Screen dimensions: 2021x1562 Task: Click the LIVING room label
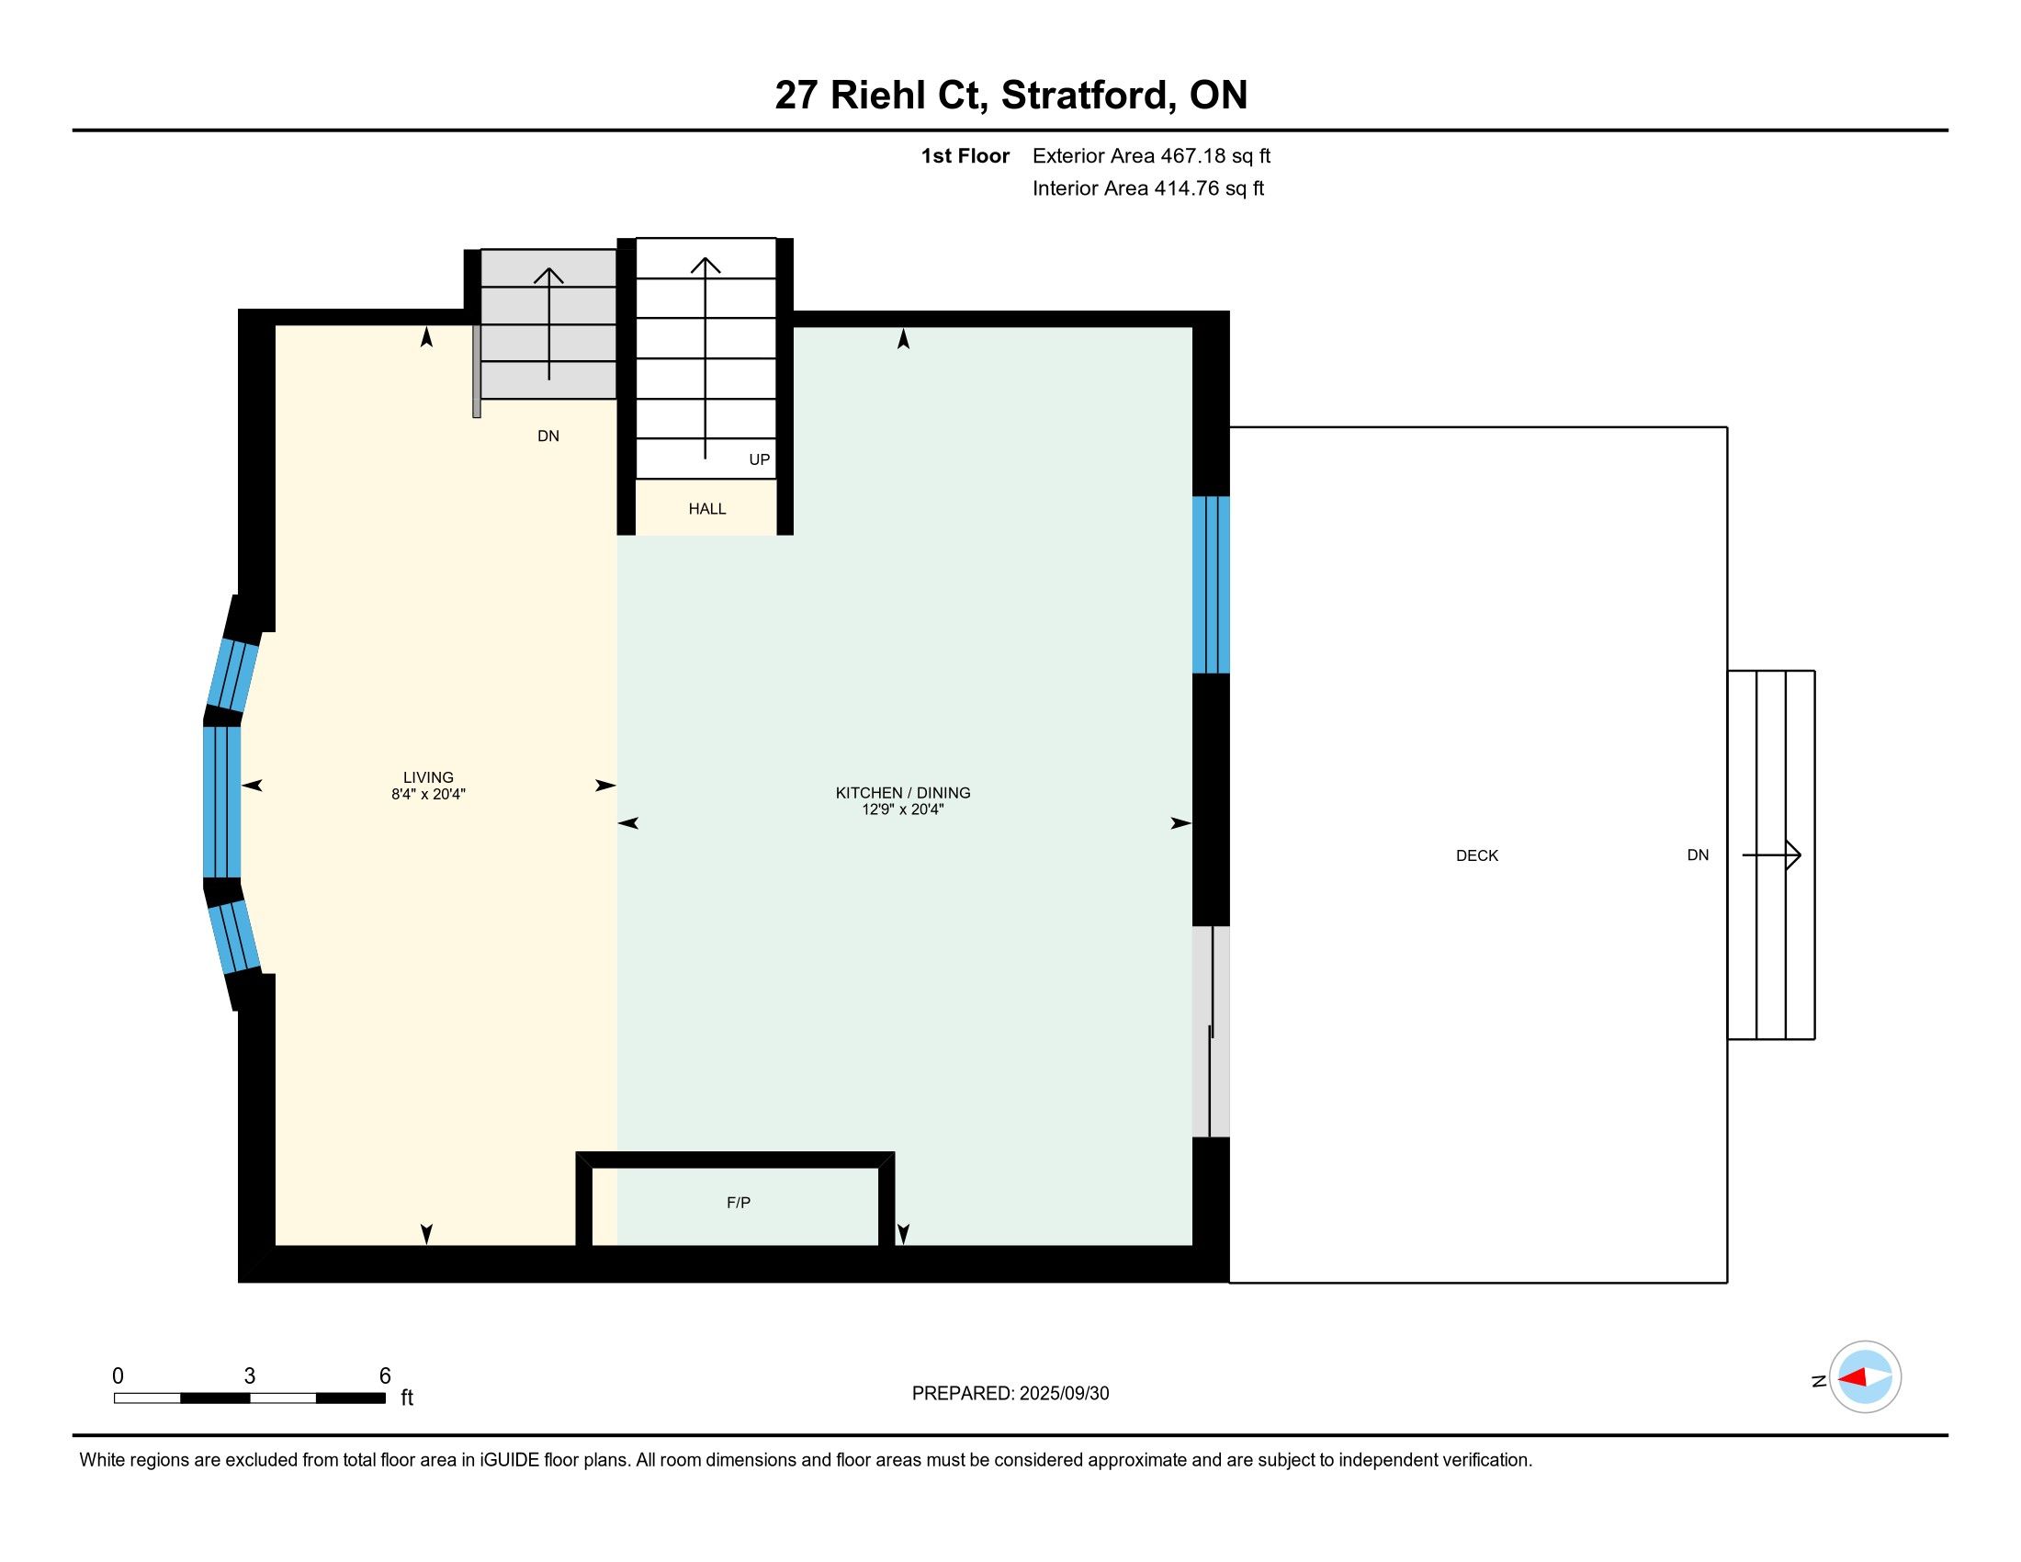coord(428,777)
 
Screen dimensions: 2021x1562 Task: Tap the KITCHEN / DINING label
coord(903,793)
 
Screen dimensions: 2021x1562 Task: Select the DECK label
coord(1477,856)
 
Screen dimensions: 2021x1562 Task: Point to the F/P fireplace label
coord(739,1203)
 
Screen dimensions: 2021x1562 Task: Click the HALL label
coord(707,509)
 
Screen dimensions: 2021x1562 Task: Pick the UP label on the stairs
coord(760,460)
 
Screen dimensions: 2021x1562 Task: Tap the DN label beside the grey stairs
coord(548,436)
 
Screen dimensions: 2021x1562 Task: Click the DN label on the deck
coord(1698,855)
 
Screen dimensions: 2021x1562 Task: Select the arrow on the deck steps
coord(1771,855)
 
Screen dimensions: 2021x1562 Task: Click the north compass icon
coord(1865,1377)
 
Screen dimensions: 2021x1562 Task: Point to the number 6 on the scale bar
coord(385,1376)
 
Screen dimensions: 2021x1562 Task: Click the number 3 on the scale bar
coord(250,1376)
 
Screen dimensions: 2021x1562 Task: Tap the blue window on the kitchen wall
coord(1211,584)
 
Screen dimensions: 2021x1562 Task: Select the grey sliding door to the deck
coord(1211,1032)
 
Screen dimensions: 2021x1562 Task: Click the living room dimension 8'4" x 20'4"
coord(428,794)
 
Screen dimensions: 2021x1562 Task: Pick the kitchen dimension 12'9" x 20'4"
coord(903,809)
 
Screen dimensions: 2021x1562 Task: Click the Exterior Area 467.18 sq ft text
coord(1151,156)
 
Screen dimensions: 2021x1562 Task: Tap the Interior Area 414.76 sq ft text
coord(1148,188)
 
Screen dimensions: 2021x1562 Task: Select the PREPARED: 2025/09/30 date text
coord(1010,1394)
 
